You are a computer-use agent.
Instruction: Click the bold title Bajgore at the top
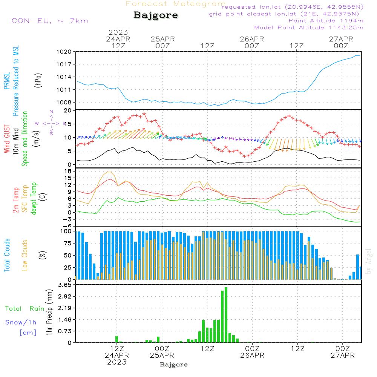coord(156,15)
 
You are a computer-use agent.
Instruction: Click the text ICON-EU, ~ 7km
coord(48,21)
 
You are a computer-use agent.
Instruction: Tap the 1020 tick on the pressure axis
coord(64,52)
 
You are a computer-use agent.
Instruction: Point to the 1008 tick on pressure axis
coord(64,102)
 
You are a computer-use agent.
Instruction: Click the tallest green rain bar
coord(226,315)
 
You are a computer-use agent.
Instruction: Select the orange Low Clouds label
coord(25,255)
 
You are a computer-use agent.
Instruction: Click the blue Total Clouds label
coord(7,255)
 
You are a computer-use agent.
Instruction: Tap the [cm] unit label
coord(28,333)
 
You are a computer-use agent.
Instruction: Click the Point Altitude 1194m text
coord(326,21)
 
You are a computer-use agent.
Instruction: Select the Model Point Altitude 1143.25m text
coord(309,28)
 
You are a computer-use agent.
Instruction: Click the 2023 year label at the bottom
coord(117,362)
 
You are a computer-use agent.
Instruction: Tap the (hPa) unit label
coord(38,80)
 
